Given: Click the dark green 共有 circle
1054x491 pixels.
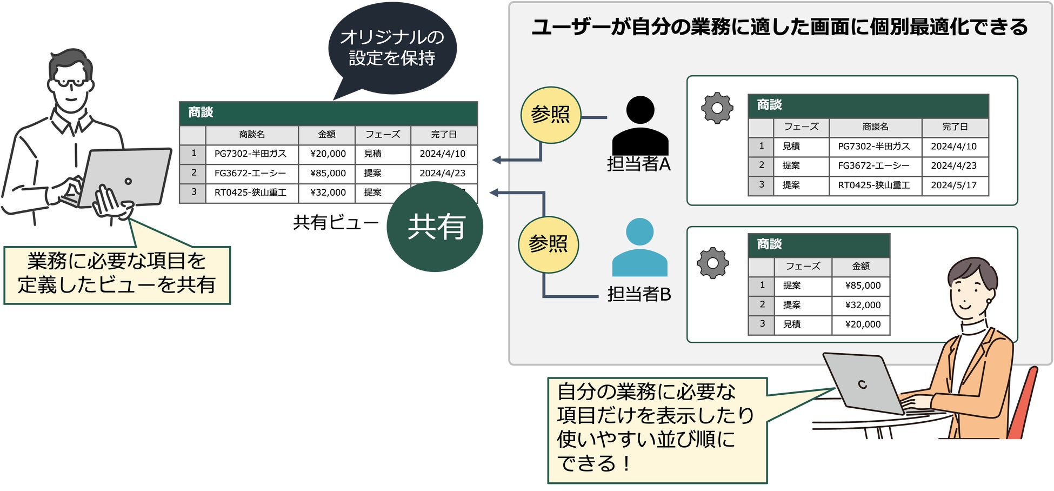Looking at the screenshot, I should (435, 227).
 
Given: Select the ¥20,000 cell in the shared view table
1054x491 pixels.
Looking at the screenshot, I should (328, 154).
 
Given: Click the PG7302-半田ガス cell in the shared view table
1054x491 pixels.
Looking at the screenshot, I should (251, 154).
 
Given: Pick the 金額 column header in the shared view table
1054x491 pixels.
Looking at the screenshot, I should (326, 134).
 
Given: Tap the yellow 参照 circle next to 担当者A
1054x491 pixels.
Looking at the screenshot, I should (550, 115).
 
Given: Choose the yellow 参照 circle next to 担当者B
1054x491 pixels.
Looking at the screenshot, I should (548, 244).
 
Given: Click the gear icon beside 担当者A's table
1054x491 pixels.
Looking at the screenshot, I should (717, 108).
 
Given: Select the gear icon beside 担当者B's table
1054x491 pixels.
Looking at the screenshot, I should (713, 263).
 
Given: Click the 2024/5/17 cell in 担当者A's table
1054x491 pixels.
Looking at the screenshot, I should (953, 185).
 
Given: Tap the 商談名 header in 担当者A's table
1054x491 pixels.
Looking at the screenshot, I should (875, 127).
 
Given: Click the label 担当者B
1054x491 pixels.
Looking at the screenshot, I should (639, 294).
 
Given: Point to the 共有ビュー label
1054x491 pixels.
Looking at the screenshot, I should (336, 222).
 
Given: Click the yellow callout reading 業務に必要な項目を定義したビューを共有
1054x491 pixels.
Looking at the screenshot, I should (117, 275).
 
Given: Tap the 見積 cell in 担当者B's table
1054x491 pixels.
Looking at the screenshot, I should (792, 324).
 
